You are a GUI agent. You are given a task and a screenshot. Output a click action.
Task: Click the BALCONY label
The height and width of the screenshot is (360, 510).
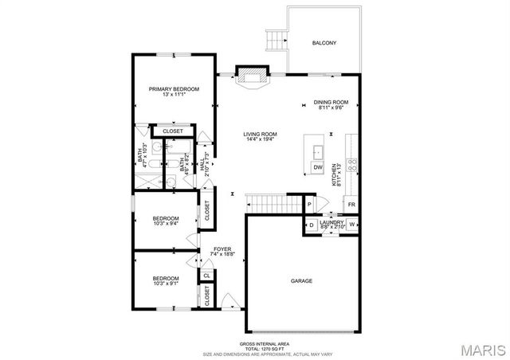(x=324, y=42)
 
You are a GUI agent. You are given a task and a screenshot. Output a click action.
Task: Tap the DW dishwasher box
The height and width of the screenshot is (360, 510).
(x=317, y=167)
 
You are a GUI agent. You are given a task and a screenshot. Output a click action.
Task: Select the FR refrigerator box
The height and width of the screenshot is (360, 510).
(x=351, y=205)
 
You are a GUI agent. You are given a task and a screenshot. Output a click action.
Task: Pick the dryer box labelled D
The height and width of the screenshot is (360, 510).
(x=311, y=225)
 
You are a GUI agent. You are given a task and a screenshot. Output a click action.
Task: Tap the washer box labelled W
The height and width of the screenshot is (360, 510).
(x=351, y=225)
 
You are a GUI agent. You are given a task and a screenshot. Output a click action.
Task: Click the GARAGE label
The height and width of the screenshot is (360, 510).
(x=300, y=281)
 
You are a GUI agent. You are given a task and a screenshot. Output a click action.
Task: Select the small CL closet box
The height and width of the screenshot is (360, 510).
(x=206, y=276)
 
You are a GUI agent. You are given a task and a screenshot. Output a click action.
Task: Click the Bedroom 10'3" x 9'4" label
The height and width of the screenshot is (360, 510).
(x=166, y=221)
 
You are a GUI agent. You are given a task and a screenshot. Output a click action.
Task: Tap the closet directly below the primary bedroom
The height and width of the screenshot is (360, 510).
(x=174, y=131)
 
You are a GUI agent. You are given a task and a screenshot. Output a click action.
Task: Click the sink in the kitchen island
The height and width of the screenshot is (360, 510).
(x=316, y=150)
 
